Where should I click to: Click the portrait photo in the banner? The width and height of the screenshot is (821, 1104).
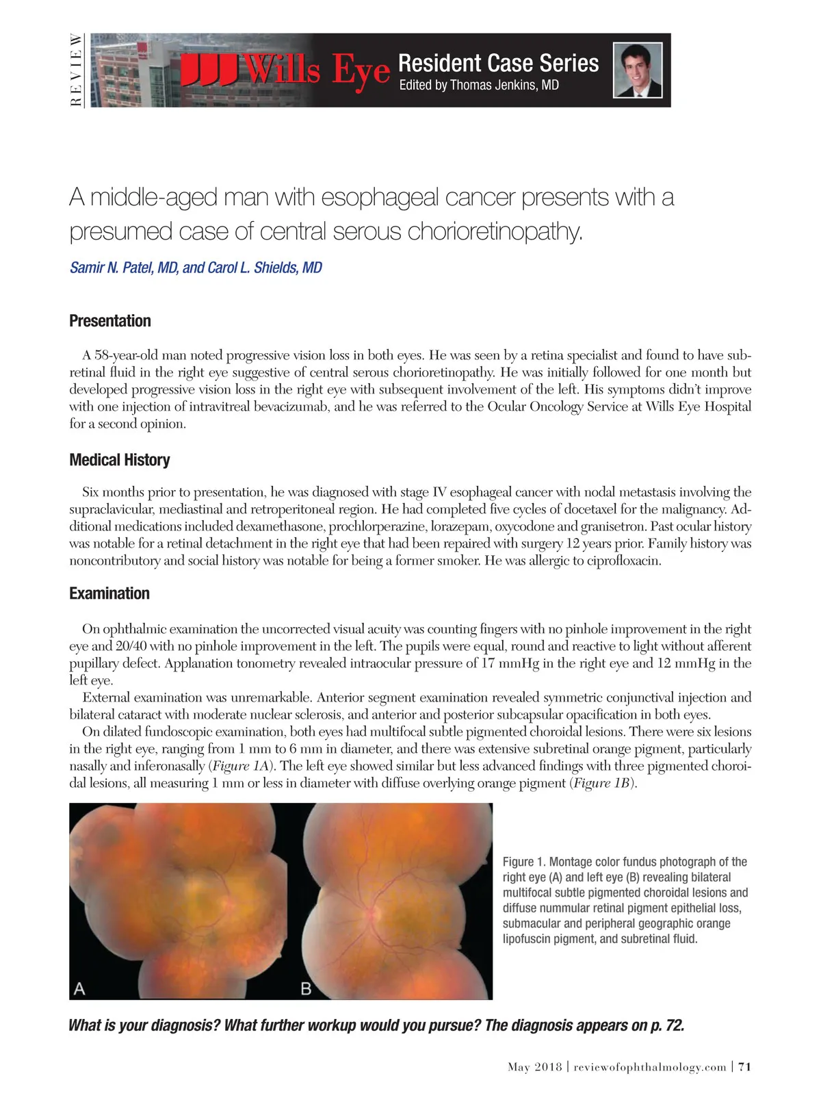pyautogui.click(x=638, y=70)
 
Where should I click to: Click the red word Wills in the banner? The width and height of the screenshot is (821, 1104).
pyautogui.click(x=282, y=70)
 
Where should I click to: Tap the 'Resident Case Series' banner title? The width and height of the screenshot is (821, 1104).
pyautogui.click(x=498, y=63)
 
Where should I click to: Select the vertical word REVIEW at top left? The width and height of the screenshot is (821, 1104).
pyautogui.click(x=77, y=70)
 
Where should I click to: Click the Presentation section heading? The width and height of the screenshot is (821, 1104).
pyautogui.click(x=110, y=321)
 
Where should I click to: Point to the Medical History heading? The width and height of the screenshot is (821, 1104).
pyautogui.click(x=120, y=460)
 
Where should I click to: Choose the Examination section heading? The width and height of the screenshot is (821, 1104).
pyautogui.click(x=109, y=593)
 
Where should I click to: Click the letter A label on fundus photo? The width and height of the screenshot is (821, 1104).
pyautogui.click(x=79, y=988)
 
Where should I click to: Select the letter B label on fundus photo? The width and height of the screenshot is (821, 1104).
pyautogui.click(x=307, y=988)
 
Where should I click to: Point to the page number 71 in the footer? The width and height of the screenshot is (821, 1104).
pyautogui.click(x=745, y=1067)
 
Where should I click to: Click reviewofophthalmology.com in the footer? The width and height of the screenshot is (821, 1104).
pyautogui.click(x=650, y=1067)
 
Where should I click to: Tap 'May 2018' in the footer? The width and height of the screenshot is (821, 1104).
pyautogui.click(x=534, y=1067)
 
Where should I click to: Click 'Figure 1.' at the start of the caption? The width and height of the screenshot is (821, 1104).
pyautogui.click(x=524, y=862)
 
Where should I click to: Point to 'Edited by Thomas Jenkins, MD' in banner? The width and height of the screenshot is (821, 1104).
pyautogui.click(x=479, y=86)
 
